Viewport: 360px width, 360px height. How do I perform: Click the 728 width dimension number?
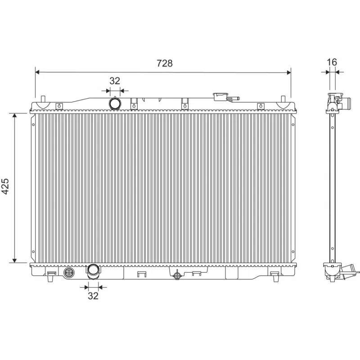[x=164, y=63]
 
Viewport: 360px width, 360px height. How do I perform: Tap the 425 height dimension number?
[x=6, y=187]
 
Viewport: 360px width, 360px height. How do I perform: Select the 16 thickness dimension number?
[x=332, y=62]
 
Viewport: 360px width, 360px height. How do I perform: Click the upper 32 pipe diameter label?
[x=115, y=81]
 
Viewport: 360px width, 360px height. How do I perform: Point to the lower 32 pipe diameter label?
[x=93, y=296]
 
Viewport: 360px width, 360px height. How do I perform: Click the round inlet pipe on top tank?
[x=115, y=103]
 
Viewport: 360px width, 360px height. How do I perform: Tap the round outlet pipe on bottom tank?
[x=94, y=270]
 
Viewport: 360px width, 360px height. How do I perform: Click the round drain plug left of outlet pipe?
[x=69, y=273]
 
